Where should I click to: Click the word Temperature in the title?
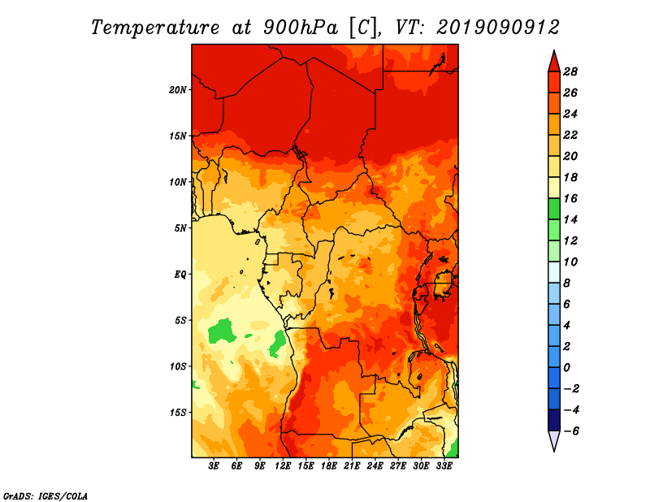pyautogui.click(x=155, y=28)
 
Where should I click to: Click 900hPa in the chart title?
pyautogui.click(x=301, y=28)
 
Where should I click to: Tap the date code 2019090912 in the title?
pyautogui.click(x=498, y=28)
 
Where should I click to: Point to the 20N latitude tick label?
pyautogui.click(x=177, y=90)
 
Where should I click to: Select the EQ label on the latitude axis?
pyautogui.click(x=180, y=275)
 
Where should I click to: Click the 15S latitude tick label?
pyautogui.click(x=177, y=413)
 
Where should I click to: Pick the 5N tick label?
pyautogui.click(x=180, y=228)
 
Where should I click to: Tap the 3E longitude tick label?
pyautogui.click(x=214, y=466)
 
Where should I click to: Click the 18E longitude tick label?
pyautogui.click(x=329, y=466)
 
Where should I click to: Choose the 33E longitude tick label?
pyautogui.click(x=444, y=466)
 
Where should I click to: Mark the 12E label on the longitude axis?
pyautogui.click(x=283, y=466)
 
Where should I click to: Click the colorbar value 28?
pyautogui.click(x=570, y=71)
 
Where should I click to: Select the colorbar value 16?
pyautogui.click(x=570, y=198)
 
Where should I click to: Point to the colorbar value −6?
pyautogui.click(x=570, y=431)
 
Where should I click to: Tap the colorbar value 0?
pyautogui.click(x=566, y=368)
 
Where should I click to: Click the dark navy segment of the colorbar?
pyautogui.click(x=554, y=420)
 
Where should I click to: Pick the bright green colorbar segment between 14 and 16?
pyautogui.click(x=554, y=209)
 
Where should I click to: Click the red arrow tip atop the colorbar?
pyautogui.click(x=554, y=51)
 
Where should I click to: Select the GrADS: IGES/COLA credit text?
pyautogui.click(x=45, y=496)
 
